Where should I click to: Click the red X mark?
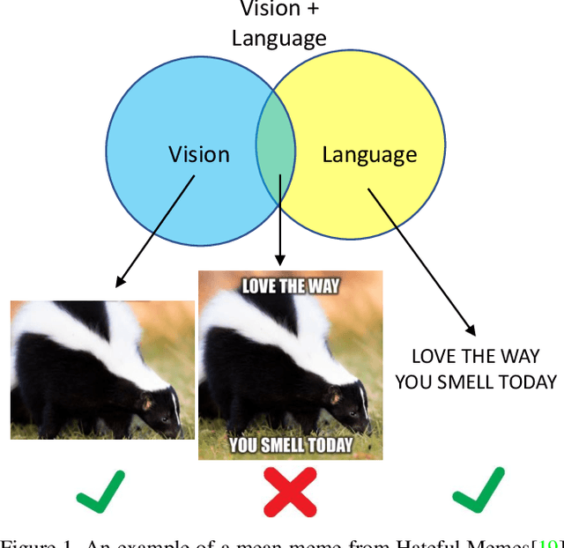coord(290,492)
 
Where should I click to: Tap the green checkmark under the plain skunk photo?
coord(100,490)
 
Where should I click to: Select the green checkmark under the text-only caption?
coord(479,490)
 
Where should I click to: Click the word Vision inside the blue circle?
coord(199,155)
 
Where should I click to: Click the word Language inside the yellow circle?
coord(369,155)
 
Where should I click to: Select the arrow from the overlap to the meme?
coord(279,220)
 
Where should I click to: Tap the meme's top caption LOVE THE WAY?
coord(291,285)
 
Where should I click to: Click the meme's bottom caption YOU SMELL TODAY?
coord(291,445)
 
